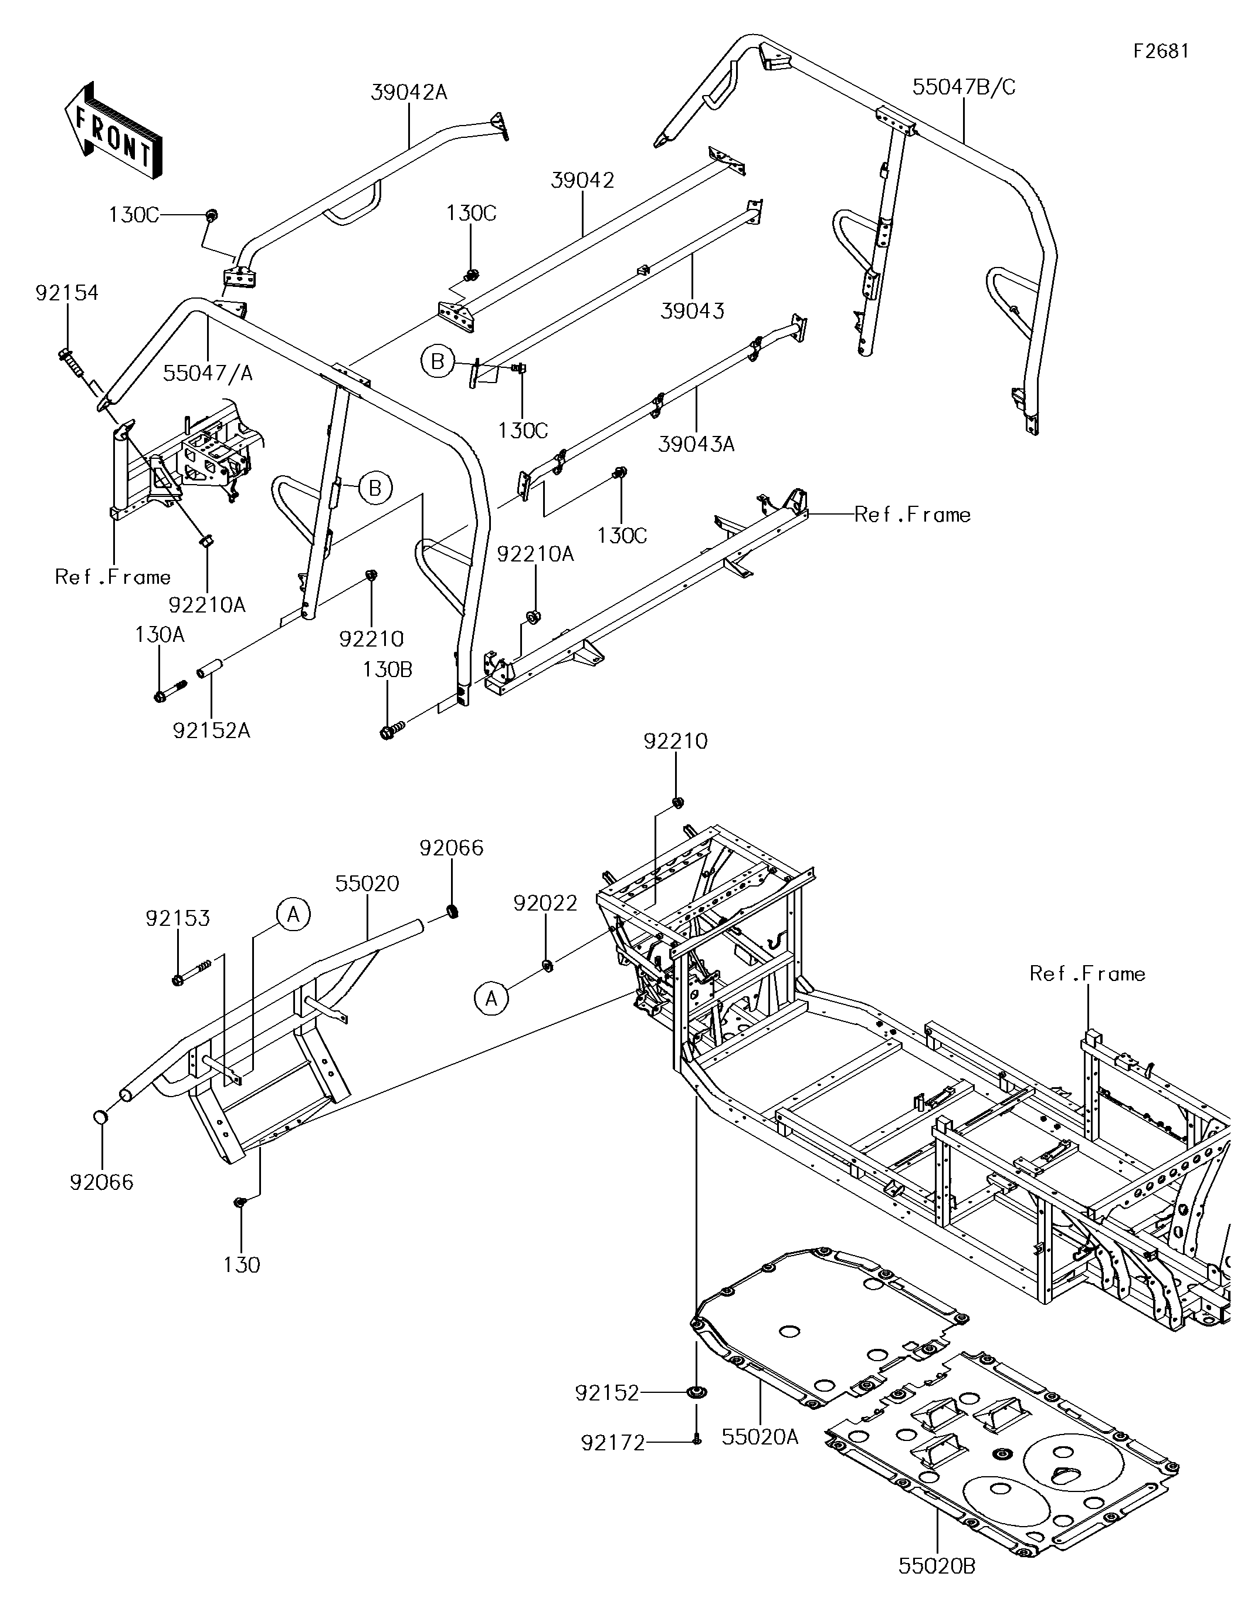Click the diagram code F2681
coord(1161,51)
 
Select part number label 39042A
coord(409,93)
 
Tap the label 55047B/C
coord(964,87)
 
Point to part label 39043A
coord(696,444)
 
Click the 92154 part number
coord(67,293)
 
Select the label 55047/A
coord(208,373)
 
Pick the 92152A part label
coord(212,731)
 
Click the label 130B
coord(387,669)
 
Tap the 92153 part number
coord(178,918)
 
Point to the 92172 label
coord(613,1442)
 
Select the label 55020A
coord(760,1437)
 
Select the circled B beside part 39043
coord(438,362)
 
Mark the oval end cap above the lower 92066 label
coord(101,1117)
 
